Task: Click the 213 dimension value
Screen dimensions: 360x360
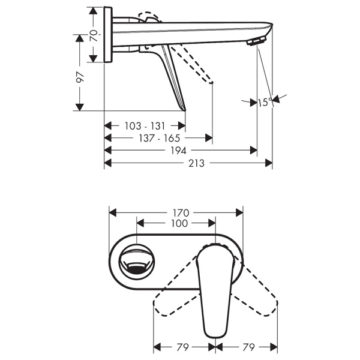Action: point(196,163)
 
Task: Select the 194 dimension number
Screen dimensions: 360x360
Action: point(178,151)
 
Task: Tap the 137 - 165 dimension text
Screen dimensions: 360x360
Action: point(160,138)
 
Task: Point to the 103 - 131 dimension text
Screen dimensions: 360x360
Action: point(145,126)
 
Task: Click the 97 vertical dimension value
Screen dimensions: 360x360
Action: point(80,77)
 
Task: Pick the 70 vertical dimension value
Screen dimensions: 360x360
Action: point(94,35)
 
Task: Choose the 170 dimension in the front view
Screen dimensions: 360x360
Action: point(181,213)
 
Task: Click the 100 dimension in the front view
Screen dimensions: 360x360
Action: point(179,223)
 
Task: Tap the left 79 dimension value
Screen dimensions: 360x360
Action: point(183,347)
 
